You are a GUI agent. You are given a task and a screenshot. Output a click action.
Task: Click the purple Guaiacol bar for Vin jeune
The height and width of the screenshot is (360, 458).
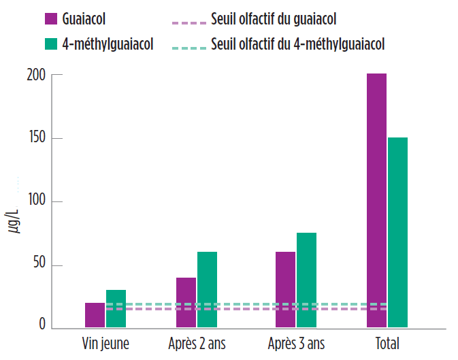click(95, 315)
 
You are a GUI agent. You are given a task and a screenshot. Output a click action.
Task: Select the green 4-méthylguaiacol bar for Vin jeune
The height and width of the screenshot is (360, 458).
click(116, 310)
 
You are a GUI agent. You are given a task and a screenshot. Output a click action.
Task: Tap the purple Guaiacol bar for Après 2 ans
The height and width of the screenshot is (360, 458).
click(186, 302)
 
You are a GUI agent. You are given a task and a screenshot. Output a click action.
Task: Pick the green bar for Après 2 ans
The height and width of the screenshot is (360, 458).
click(207, 289)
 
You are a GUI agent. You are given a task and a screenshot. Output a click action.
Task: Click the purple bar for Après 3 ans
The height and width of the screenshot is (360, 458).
click(285, 289)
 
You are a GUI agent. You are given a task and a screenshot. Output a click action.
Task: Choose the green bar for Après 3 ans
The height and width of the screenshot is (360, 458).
click(306, 280)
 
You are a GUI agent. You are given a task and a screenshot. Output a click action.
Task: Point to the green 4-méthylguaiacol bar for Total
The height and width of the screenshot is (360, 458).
click(397, 232)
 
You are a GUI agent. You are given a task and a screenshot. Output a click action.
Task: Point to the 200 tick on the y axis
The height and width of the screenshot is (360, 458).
click(37, 75)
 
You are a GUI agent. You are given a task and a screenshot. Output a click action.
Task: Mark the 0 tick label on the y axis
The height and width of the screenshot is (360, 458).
click(42, 327)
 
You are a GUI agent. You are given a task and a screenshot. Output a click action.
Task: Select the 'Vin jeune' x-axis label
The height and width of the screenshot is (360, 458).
click(105, 342)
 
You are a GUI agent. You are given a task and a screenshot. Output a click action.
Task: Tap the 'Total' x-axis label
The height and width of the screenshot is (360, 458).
click(387, 342)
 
